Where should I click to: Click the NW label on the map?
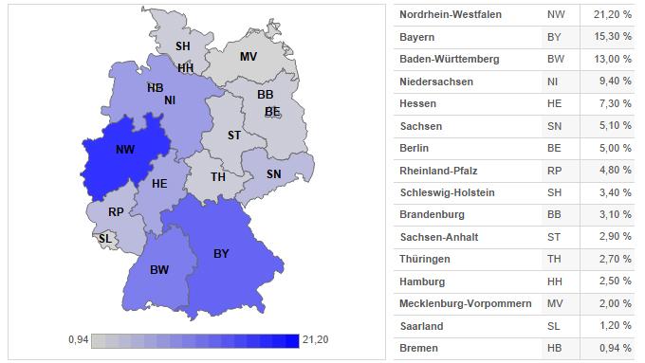point(124,150)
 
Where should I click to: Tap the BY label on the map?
point(221,253)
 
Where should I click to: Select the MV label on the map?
point(248,56)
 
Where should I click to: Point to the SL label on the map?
point(104,238)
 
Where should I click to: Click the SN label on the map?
point(273,174)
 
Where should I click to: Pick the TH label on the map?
point(218,177)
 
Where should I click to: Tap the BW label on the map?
point(159,270)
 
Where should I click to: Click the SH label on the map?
point(183,46)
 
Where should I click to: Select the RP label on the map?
point(116,212)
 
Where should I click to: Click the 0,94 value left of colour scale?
point(80,339)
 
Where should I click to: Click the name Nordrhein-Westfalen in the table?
point(451,15)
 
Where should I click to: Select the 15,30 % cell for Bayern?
point(613,37)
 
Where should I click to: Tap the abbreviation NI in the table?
point(555,82)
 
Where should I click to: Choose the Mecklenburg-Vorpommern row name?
point(463,303)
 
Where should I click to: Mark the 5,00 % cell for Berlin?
point(616,148)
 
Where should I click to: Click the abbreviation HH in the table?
point(556,281)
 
